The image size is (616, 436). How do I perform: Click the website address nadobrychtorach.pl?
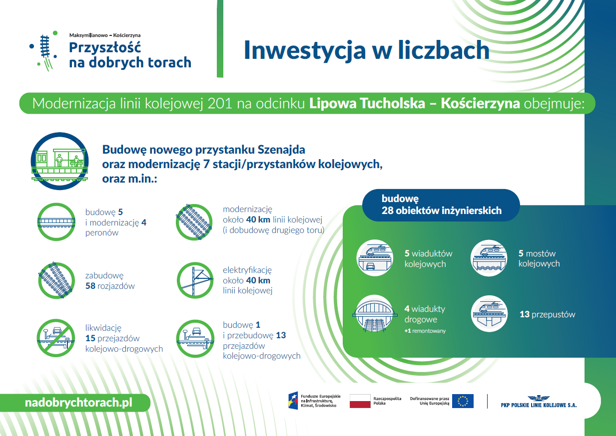pos(78,403)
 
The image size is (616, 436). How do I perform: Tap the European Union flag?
pos(463,401)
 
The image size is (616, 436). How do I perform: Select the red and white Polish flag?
pos(360,401)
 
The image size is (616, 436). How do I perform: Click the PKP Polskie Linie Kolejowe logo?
pos(539,402)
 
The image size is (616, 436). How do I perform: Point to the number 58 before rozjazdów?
pos(90,286)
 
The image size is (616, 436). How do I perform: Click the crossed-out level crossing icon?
pos(56,338)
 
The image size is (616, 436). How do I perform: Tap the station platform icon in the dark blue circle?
pos(59,161)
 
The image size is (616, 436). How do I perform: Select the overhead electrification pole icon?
pos(195,280)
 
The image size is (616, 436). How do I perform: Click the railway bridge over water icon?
pos(489,258)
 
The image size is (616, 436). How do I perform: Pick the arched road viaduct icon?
pos(374,314)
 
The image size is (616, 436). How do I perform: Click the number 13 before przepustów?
pos(525,314)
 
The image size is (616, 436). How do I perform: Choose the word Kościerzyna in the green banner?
pos(481,103)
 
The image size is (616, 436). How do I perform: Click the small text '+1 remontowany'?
pos(425,331)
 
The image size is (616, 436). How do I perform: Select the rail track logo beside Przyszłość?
pos(44,51)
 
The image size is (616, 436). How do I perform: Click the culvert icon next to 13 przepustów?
pos(489,314)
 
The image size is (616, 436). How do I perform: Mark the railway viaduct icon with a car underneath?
pos(375,258)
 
